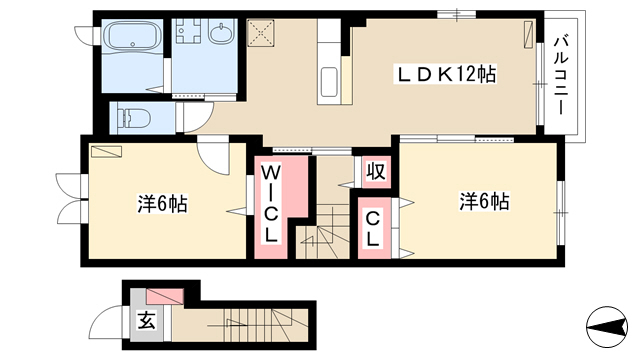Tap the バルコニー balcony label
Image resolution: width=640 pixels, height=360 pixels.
tap(562, 76)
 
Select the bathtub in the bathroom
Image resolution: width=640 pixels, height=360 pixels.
tap(133, 36)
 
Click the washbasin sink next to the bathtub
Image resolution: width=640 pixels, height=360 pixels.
tap(221, 32)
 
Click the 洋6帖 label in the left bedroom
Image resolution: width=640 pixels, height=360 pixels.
tap(162, 203)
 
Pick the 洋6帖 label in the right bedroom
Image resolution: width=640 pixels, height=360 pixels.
tap(484, 201)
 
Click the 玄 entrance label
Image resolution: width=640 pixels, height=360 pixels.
tap(146, 321)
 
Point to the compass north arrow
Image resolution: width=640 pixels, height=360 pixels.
tap(606, 326)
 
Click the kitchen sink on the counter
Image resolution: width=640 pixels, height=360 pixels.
tap(329, 82)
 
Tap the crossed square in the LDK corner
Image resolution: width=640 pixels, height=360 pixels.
tap(260, 33)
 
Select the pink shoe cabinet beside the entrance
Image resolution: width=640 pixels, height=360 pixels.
tap(165, 297)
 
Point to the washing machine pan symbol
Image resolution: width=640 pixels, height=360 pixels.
tap(189, 31)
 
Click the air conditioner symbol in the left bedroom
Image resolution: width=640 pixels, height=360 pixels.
tap(107, 151)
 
